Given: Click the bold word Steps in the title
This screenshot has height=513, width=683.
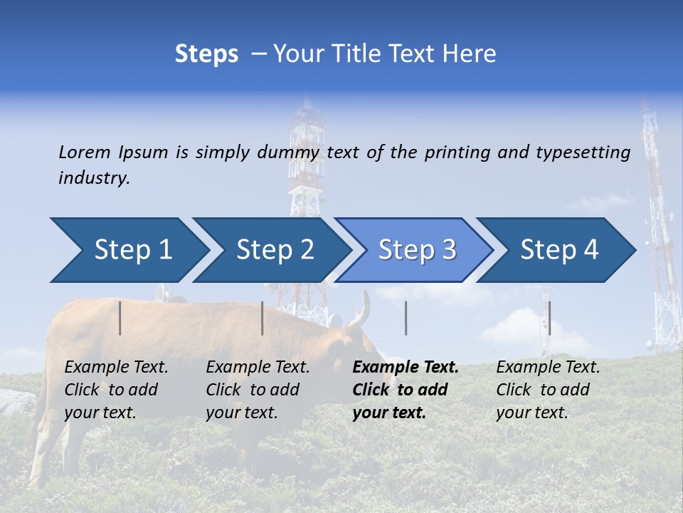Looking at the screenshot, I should point(206,54).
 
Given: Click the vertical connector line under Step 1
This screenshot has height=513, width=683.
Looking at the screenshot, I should point(120,318).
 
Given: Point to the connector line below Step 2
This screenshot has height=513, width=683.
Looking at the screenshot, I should point(263,318).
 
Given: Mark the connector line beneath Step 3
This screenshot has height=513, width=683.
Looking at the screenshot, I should point(406,318).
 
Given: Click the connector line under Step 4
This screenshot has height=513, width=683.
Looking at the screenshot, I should point(549,318).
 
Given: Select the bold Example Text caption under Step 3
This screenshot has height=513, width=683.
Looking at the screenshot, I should point(406,390).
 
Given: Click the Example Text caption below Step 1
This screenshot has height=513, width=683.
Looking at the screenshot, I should point(116,390).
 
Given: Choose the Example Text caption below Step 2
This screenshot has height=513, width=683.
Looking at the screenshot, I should point(258,390).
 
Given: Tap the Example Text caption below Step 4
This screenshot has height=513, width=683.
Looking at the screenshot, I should point(548,390).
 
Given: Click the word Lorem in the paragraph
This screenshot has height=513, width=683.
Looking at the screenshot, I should point(85,152).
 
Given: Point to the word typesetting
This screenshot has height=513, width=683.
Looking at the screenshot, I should point(583,152).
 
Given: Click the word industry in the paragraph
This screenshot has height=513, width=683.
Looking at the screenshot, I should point(94,178).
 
